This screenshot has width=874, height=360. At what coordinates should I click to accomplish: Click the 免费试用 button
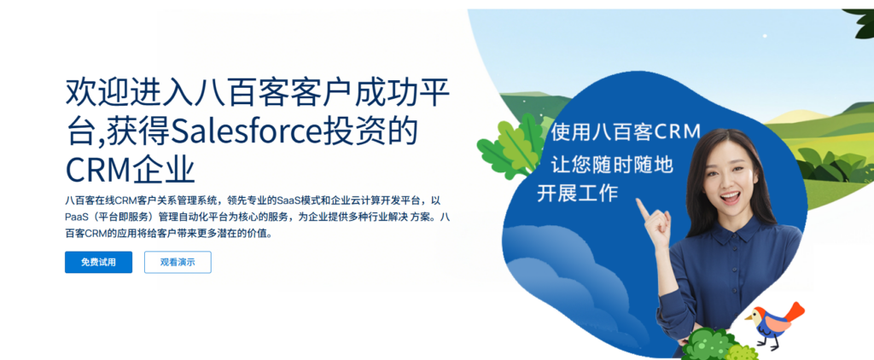[x=99, y=263]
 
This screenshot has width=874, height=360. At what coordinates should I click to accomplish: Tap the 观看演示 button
[x=178, y=263]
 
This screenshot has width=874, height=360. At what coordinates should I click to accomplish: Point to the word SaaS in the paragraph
[x=288, y=200]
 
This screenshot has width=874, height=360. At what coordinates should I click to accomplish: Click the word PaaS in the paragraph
[x=76, y=217]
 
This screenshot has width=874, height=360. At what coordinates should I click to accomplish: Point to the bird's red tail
[x=794, y=312]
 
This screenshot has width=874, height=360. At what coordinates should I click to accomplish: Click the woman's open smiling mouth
[x=730, y=197]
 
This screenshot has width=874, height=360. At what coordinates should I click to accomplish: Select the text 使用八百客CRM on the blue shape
[x=626, y=132]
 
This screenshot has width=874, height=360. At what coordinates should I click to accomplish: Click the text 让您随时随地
[x=612, y=164]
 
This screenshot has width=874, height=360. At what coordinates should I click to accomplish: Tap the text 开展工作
[x=578, y=193]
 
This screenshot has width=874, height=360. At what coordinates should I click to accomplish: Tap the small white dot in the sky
[x=765, y=36]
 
